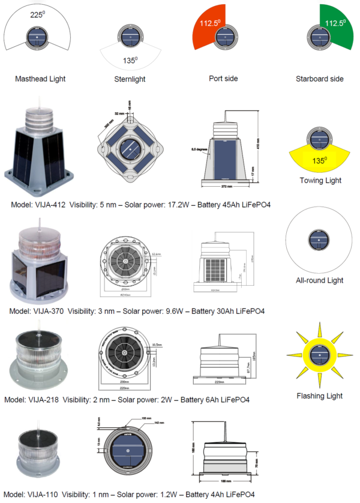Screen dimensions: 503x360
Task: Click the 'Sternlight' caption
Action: (x=129, y=79)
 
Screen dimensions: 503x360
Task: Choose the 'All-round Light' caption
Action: (x=320, y=280)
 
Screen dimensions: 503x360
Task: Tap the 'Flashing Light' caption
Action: (x=320, y=396)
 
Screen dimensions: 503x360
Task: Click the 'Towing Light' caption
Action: (x=320, y=180)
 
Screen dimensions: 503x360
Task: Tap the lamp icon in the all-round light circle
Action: (x=319, y=240)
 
